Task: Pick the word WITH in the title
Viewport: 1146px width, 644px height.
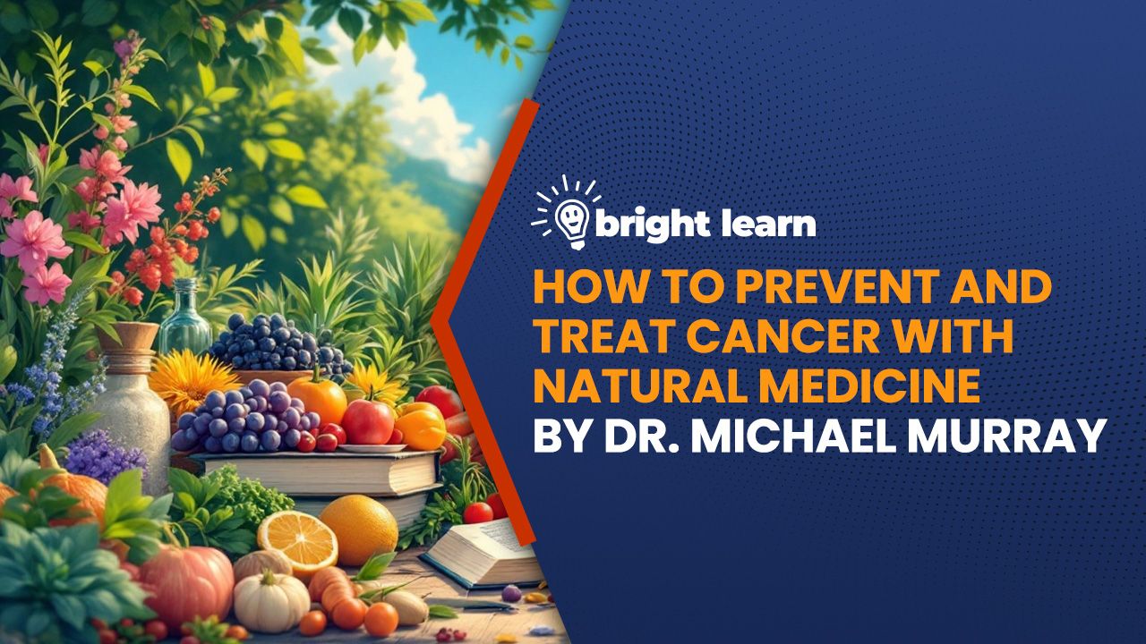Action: (x=944, y=337)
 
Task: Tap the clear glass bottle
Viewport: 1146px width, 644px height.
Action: (x=185, y=317)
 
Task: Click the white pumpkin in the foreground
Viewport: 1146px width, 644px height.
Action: (x=271, y=600)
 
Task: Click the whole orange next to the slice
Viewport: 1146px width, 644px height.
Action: (x=358, y=530)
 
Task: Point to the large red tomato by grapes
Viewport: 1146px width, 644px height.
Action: (x=367, y=422)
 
